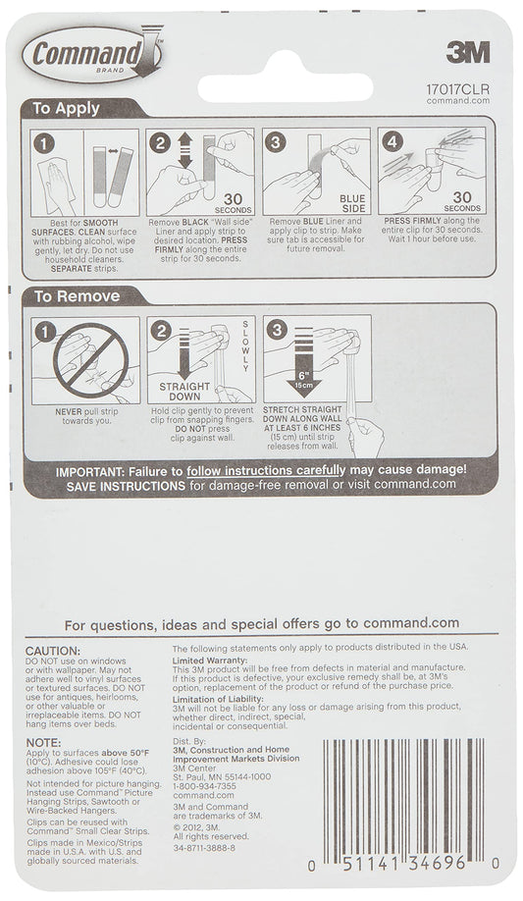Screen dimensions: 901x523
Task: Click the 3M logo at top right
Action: pyautogui.click(x=468, y=53)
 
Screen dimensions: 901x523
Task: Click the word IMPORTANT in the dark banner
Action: pyautogui.click(x=99, y=472)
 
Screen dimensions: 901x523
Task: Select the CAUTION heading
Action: pyautogui.click(x=52, y=651)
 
